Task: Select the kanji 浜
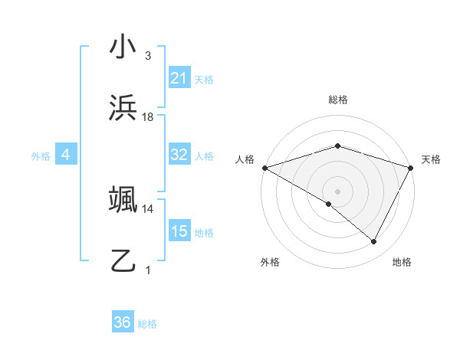pos(123,108)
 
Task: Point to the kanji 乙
pos(123,261)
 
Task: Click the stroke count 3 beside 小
pos(148,56)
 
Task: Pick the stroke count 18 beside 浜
pos(148,117)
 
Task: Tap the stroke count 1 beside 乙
pos(148,270)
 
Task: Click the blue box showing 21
pos(179,78)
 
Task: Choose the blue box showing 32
pos(179,155)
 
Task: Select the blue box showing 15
pos(179,231)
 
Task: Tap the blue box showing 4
pos(66,155)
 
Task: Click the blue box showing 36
pos(123,323)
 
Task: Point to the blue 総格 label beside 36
pos(147,324)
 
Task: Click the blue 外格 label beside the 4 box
pos(41,156)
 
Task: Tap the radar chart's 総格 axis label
pos(338,100)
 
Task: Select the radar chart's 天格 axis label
pos(431,159)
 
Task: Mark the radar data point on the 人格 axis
pos(264,167)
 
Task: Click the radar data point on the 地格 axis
pos(374,242)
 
